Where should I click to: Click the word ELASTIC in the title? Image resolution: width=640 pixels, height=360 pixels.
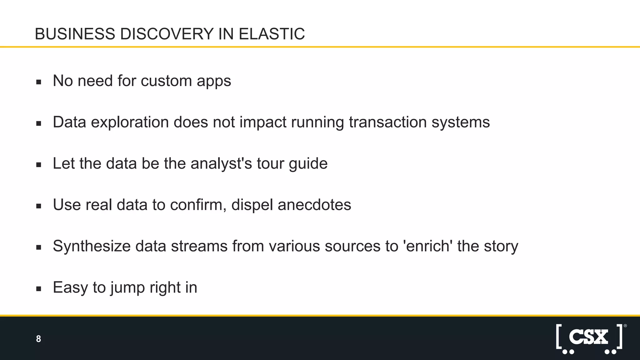(272, 34)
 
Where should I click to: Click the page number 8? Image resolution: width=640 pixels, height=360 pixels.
(38, 339)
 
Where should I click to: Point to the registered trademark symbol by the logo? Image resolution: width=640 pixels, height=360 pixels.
(625, 326)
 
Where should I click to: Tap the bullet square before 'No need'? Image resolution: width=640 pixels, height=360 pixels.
(39, 82)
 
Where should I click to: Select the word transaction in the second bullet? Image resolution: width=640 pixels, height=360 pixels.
(388, 122)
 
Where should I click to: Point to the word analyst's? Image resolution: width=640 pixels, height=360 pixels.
(221, 163)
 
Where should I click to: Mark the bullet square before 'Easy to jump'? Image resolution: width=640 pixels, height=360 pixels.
(39, 289)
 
